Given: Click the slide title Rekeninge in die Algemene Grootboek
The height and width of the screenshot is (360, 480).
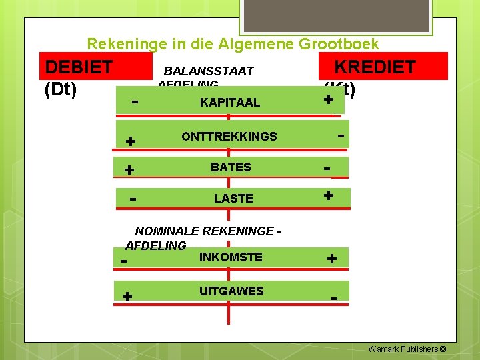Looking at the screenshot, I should (233, 45).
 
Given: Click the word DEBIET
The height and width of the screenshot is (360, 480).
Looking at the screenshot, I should (78, 67).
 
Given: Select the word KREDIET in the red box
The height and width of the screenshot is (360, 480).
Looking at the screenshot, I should (375, 67).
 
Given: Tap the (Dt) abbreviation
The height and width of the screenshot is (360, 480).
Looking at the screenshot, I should (61, 89).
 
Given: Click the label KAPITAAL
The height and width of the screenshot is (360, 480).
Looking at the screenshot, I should (230, 103).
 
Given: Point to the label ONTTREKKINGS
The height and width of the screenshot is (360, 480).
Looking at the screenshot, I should (229, 137).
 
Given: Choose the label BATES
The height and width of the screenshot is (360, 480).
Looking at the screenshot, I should (231, 167).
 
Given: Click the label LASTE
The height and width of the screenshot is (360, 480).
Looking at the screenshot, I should (233, 199).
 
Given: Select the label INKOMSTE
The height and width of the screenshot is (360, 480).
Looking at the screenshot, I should (231, 257).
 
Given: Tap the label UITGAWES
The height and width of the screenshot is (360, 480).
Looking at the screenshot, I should (231, 291).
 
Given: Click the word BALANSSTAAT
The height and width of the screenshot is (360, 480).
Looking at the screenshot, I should (209, 71).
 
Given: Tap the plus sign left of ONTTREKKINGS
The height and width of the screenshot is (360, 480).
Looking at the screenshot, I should (131, 141).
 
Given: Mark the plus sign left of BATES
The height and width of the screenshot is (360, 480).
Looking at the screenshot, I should (129, 170).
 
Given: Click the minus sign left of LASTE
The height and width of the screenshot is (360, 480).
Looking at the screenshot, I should (133, 199).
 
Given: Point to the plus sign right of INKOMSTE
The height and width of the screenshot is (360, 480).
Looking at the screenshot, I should (332, 259).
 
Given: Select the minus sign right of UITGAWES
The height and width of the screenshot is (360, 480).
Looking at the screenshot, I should (333, 297).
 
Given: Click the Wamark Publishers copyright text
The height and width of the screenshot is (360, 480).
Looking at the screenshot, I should (407, 349).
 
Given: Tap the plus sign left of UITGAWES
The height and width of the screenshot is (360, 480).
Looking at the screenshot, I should (127, 296).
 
